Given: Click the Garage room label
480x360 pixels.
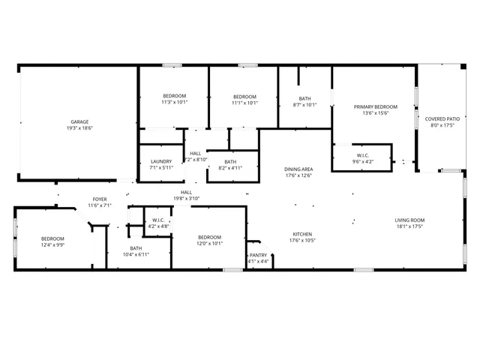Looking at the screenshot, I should pos(80,121).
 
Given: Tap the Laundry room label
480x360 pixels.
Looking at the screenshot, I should pos(161,161).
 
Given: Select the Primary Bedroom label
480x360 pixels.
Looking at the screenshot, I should pos(375,107).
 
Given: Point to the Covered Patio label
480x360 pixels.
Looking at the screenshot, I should pos(442,118).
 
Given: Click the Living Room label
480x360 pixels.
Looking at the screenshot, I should pos(409,220).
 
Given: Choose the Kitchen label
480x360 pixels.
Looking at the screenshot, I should pos(302,234).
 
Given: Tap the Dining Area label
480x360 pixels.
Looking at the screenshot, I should pos(298,169).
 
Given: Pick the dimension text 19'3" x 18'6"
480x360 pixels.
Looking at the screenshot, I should pos(80,128).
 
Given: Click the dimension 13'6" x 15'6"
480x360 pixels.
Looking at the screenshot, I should pos(375,114).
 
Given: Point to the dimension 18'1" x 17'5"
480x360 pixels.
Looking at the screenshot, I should pos(409,226).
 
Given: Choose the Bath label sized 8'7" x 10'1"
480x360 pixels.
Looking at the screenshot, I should pos(304,98).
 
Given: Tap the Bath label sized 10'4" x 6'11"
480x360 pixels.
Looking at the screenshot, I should pos(136,248).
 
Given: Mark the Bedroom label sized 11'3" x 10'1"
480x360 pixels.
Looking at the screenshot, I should pos(174,97).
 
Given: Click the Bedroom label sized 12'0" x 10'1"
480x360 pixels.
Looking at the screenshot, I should pos(210,236).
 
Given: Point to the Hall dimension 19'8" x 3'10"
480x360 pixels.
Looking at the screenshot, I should pos(186,199).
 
